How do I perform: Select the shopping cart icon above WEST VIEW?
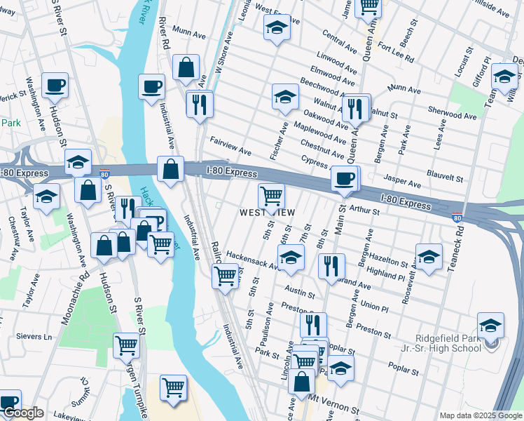click(x=271, y=196)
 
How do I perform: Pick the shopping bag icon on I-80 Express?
click(x=170, y=169)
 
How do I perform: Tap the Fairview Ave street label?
click(x=230, y=150)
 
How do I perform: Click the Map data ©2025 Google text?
click(x=480, y=415)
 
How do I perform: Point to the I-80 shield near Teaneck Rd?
click(x=457, y=218)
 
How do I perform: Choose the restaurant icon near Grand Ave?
click(x=329, y=265)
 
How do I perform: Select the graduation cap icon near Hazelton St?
click(x=428, y=255)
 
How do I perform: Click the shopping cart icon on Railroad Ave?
click(x=224, y=276)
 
